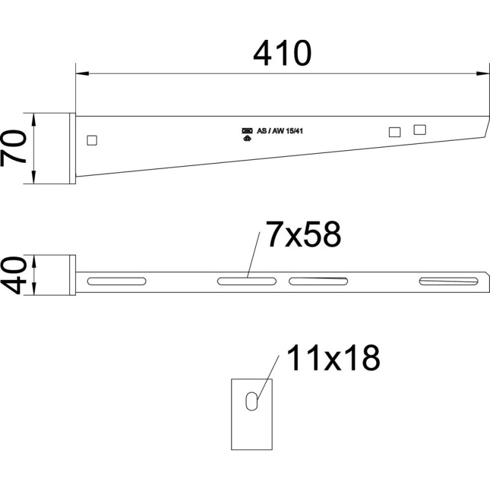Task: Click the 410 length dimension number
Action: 282,53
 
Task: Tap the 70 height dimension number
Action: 13,148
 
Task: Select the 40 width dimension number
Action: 13,275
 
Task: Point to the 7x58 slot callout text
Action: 303,234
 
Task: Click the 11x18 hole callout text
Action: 333,358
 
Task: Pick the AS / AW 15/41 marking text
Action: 280,131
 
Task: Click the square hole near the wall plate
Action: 92,140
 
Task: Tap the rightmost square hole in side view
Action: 420,129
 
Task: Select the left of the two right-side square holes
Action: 394,132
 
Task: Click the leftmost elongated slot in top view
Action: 116,281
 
